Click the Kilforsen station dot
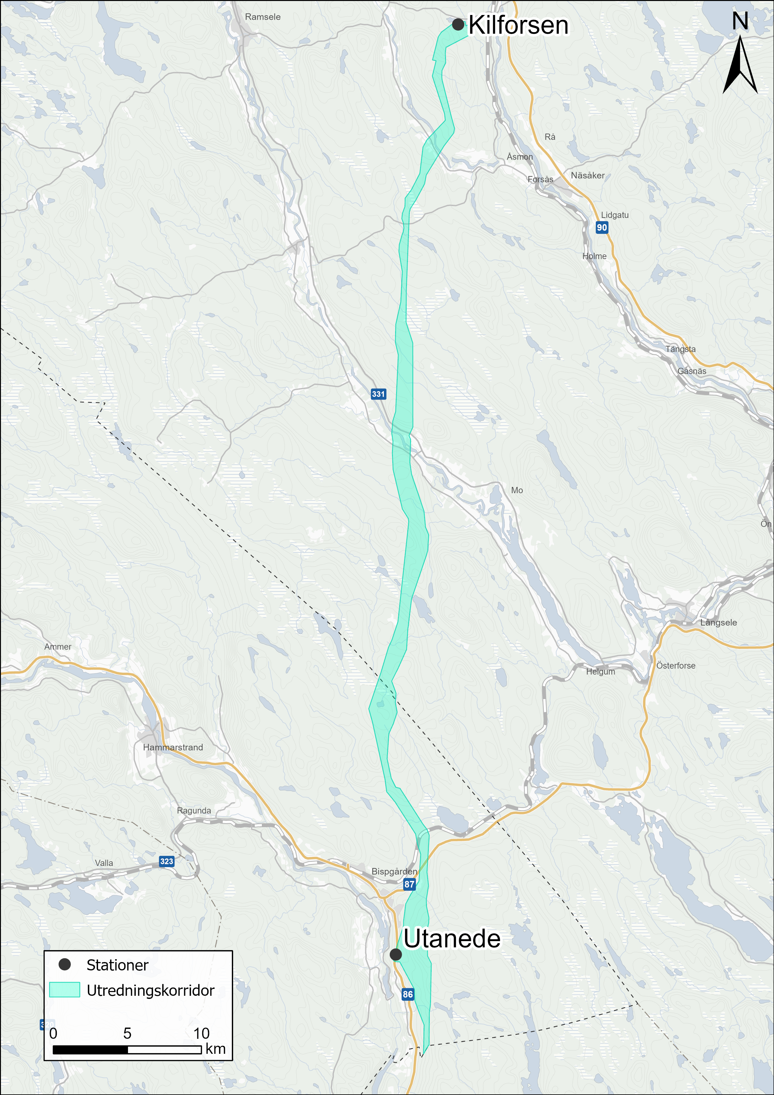tap(458, 24)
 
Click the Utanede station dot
tap(395, 954)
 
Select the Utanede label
tap(452, 939)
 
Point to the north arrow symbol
tap(740, 64)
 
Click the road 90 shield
tap(602, 228)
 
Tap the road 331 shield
tap(378, 394)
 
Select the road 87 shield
tap(409, 884)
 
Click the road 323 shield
tap(166, 861)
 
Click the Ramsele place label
tap(263, 17)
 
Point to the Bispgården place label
tap(394, 871)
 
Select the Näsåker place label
tap(588, 175)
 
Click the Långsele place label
tap(718, 622)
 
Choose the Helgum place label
tap(600, 671)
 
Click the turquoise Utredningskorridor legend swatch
tap(64, 989)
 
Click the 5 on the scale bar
tap(127, 1033)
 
